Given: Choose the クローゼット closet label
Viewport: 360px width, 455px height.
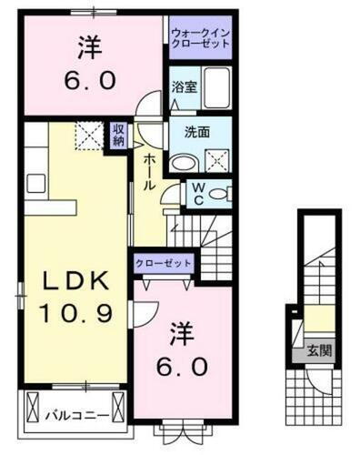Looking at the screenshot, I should (164, 262).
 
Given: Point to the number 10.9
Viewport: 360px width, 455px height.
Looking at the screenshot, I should (75, 314).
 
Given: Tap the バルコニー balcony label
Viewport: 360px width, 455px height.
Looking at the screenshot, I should (78, 416).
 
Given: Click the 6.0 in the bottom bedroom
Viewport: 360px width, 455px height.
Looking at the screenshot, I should (187, 366).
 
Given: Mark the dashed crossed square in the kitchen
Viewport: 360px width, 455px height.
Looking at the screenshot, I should (88, 136).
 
